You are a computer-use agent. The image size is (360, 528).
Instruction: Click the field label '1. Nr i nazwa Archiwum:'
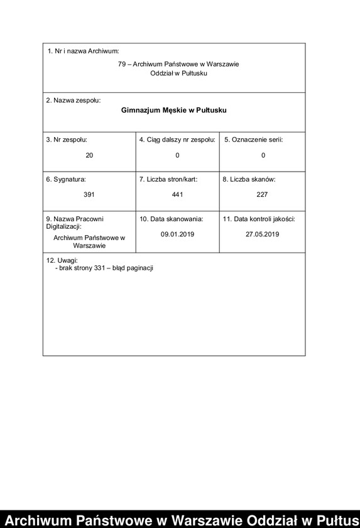click(83, 50)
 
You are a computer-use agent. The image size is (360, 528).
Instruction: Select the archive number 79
click(122, 63)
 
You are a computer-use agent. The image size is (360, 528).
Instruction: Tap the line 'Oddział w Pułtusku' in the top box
click(178, 73)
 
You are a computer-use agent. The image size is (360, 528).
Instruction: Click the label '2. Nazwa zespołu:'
click(73, 100)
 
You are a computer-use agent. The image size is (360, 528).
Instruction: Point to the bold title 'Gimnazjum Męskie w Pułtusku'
click(174, 110)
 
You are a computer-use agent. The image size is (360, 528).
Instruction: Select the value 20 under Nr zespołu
click(89, 155)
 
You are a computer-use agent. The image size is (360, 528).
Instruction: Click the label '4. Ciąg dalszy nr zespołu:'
click(177, 140)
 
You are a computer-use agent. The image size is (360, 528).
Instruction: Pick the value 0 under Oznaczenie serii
click(263, 155)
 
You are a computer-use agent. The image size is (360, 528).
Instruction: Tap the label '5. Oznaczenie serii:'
click(254, 140)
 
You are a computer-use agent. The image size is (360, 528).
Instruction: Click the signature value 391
click(89, 195)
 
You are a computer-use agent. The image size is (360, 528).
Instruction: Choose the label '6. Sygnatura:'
click(65, 179)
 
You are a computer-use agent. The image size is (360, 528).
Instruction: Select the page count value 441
click(177, 195)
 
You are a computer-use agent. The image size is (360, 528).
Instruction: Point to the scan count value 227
click(262, 195)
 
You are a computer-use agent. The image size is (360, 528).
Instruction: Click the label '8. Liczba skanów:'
click(249, 179)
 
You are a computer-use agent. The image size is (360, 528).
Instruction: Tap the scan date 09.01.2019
click(178, 234)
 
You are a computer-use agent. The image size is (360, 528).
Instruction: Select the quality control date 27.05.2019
click(262, 234)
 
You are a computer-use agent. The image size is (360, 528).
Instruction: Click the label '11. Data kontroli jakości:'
click(259, 219)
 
